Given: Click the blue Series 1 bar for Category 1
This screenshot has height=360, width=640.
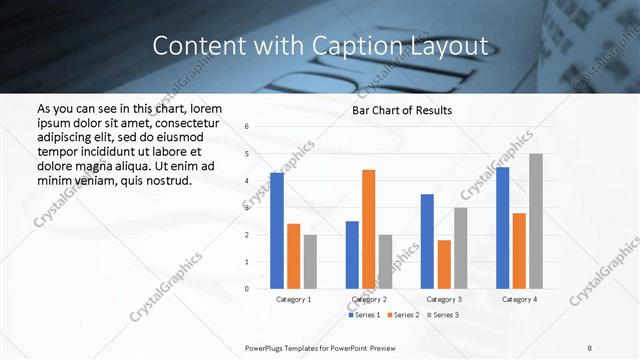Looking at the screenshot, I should [x=277, y=231].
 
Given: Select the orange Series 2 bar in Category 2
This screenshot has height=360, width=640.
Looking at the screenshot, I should [x=368, y=229].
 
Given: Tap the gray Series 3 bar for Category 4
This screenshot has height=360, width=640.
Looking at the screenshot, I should [x=536, y=221].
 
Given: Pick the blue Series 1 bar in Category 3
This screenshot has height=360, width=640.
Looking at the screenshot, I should [x=427, y=241].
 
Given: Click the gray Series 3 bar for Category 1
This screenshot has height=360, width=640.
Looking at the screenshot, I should [x=310, y=262].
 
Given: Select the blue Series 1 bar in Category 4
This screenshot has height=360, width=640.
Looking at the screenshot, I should [x=502, y=228].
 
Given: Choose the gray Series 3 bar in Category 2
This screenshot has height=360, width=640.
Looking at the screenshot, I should [x=385, y=262].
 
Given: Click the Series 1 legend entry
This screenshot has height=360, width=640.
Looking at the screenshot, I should [x=364, y=315].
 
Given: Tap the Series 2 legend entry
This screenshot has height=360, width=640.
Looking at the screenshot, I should [x=404, y=315].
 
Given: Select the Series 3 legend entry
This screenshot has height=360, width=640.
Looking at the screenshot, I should [x=444, y=315].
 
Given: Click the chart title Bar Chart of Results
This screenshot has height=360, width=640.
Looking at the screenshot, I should [x=402, y=110].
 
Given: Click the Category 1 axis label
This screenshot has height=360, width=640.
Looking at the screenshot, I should [x=293, y=299].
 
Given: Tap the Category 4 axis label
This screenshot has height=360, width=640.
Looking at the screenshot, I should [x=519, y=299].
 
